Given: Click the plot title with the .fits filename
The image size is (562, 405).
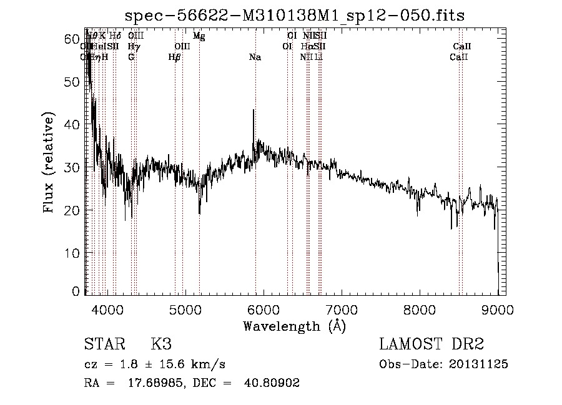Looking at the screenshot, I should [295, 16].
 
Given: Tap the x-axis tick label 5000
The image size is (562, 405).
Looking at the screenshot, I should [185, 309].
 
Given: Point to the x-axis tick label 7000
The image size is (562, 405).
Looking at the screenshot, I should [342, 309].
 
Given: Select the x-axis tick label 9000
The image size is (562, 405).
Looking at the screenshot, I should [498, 309].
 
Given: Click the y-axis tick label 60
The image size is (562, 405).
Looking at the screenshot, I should [73, 39].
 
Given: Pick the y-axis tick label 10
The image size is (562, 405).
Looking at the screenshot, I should [73, 253].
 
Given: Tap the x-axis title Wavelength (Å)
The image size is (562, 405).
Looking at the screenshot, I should [294, 326].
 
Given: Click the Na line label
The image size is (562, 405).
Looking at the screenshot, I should [255, 57].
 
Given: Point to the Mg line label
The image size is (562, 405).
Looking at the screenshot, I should [199, 36].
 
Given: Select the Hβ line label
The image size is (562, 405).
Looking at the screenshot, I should [175, 57].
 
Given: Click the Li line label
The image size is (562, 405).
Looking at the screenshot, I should [318, 57].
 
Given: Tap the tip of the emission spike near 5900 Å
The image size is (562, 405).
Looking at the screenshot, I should [253, 110].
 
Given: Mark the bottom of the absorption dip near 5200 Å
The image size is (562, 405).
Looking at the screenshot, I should [199, 213].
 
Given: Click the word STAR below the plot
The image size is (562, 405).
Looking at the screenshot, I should [102, 344].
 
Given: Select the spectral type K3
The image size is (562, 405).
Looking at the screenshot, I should [161, 344].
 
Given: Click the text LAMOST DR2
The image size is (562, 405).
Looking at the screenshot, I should [431, 344].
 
